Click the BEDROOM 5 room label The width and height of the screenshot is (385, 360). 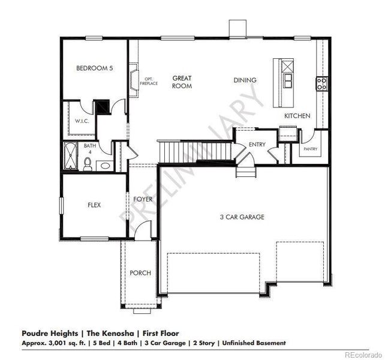point(94,68)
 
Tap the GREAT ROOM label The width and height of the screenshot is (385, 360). point(182,82)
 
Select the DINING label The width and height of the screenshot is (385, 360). point(245,80)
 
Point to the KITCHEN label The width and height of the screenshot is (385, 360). point(297,115)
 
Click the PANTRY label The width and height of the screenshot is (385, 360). point(310,149)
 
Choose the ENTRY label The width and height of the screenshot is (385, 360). point(257,144)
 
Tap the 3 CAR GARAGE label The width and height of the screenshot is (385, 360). point(242,217)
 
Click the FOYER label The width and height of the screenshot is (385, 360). point(143,199)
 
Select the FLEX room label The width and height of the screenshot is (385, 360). point(94,205)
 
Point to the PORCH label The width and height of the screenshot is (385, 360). point(140,273)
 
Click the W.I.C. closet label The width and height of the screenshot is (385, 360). point(82,121)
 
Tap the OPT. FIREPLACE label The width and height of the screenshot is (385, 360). point(149,81)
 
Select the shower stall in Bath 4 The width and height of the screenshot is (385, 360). point(71,156)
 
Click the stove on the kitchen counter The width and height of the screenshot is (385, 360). point(321,84)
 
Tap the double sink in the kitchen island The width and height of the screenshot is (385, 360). point(287,80)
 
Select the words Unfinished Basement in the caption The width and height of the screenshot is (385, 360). point(254,343)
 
